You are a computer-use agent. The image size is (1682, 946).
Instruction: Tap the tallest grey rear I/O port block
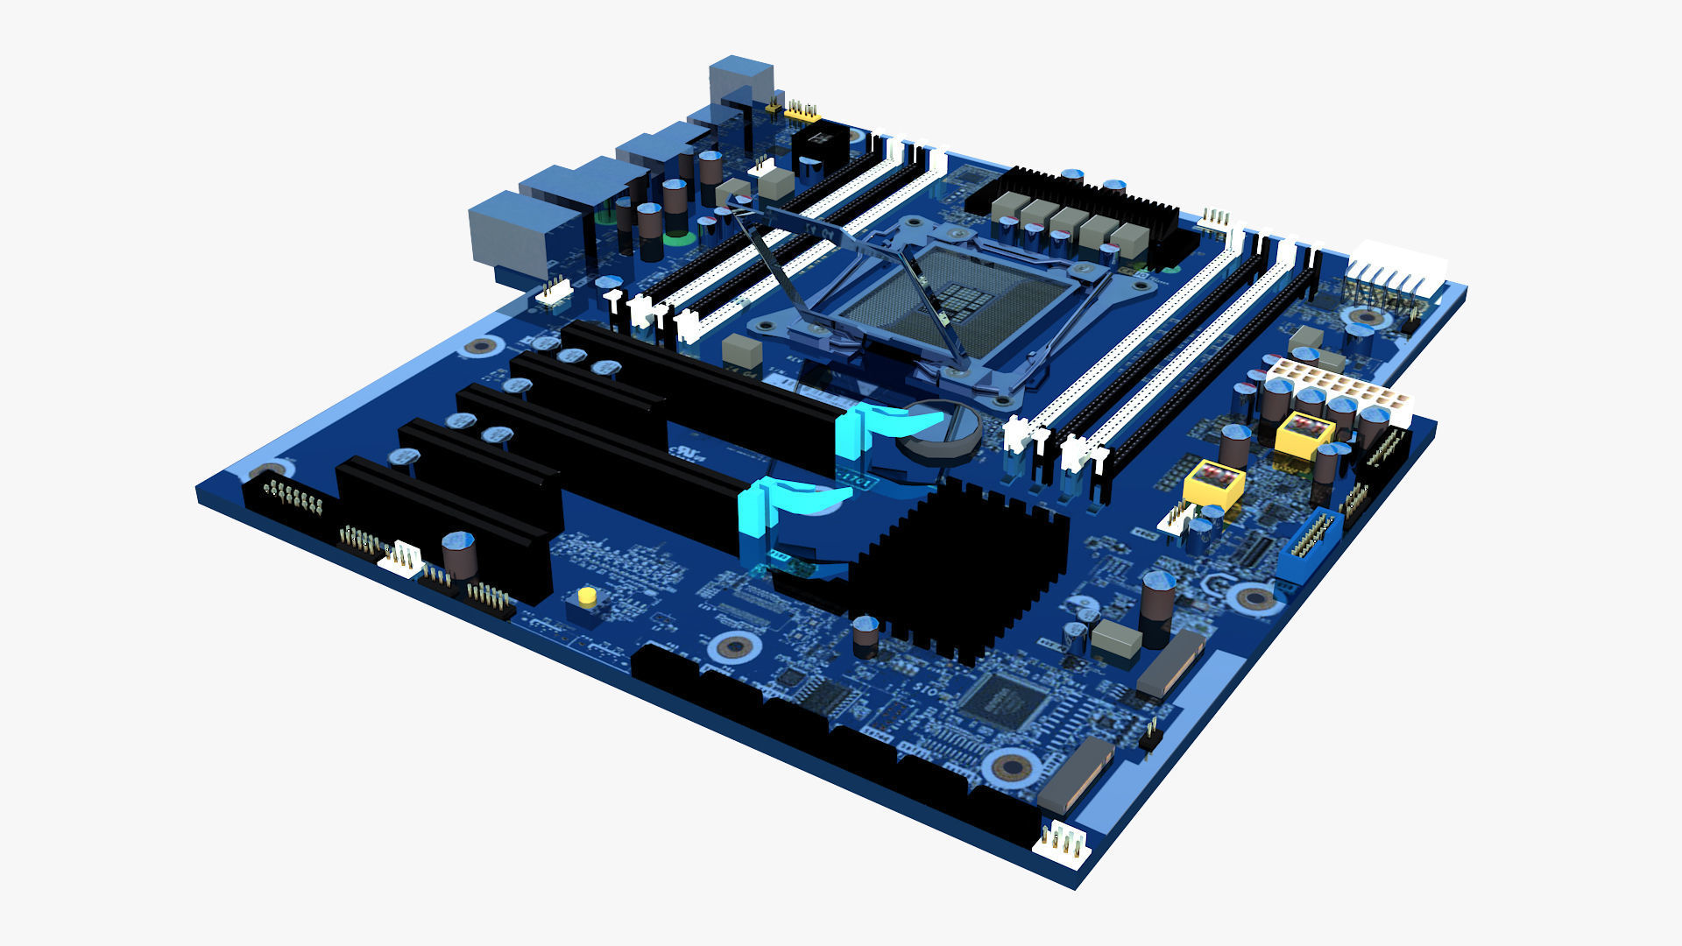[740, 77]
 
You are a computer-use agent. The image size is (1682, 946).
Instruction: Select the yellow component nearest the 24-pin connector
[1304, 434]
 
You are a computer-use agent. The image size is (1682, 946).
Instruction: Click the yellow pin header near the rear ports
[802, 112]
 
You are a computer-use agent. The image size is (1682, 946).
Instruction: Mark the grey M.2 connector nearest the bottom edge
[1075, 775]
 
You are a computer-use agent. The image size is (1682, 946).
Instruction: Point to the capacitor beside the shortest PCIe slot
[459, 555]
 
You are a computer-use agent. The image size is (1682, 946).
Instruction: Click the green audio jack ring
[675, 237]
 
